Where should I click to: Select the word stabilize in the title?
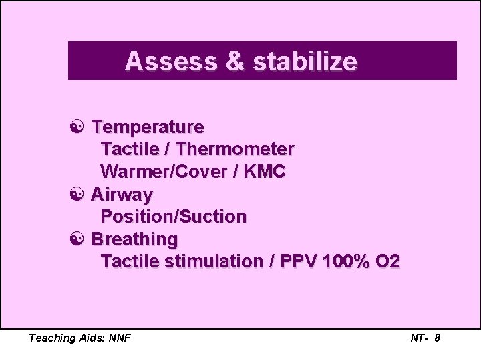(x=305, y=62)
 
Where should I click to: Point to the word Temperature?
(x=148, y=126)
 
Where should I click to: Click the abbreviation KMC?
(x=264, y=172)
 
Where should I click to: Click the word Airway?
(x=122, y=195)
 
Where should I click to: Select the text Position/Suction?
(x=173, y=217)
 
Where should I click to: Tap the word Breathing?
(x=134, y=239)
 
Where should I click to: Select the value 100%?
(x=346, y=261)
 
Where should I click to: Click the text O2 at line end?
(x=388, y=261)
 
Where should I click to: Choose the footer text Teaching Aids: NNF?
(x=79, y=338)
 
